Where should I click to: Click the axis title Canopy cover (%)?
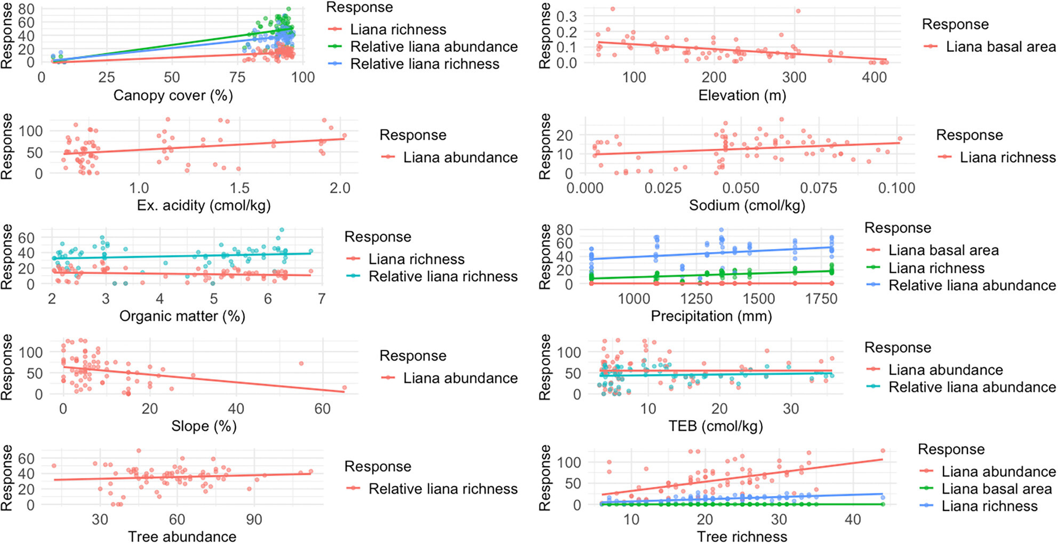coord(173,95)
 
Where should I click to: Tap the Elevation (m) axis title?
coord(742,95)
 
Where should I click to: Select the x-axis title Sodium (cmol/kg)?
coord(747,205)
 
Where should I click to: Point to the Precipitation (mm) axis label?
coord(711,316)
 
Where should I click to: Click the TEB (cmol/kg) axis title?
coord(716,426)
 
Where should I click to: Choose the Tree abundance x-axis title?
coord(182,537)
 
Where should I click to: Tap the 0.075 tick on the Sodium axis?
coord(819,188)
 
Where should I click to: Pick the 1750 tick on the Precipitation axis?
coord(821,299)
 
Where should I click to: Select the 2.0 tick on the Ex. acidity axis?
coord(340,188)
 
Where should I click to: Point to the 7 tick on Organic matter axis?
coord(322,299)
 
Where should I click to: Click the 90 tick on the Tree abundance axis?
coord(254,519)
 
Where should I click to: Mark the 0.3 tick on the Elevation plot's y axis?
coord(566,17)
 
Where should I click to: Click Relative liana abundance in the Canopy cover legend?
coord(434,47)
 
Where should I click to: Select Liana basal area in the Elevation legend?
coord(1000,47)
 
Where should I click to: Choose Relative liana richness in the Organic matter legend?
coord(443,276)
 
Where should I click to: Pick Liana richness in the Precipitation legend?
coord(936,268)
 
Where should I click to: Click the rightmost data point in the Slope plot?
coord(344,388)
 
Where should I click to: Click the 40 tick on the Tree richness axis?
coord(853,519)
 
